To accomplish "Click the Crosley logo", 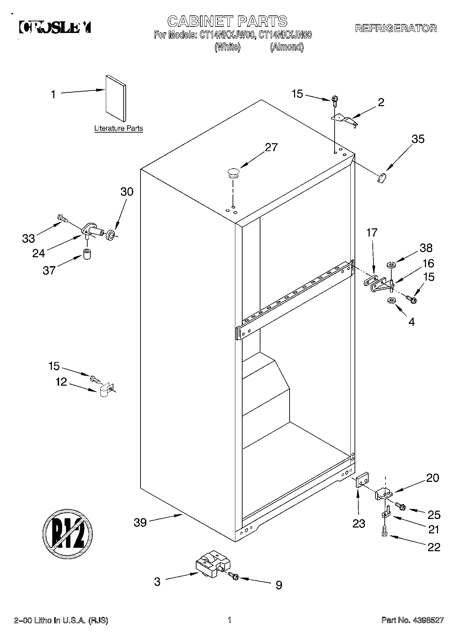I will coord(55,27).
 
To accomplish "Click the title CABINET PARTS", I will coord(227,21).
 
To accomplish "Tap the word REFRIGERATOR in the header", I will coord(395,28).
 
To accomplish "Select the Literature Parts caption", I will coord(119,128).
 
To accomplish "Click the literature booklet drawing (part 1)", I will coord(116,98).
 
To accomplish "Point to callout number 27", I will coord(271,147).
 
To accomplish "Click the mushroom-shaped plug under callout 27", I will coord(233,173).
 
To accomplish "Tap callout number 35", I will coord(418,139).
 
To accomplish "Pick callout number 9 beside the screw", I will coord(279,585).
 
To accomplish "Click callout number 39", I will coord(140,523).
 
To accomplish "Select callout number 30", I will coord(127,191).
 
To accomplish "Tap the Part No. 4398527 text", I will coord(413,620).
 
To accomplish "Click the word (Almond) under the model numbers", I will coord(287,47).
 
